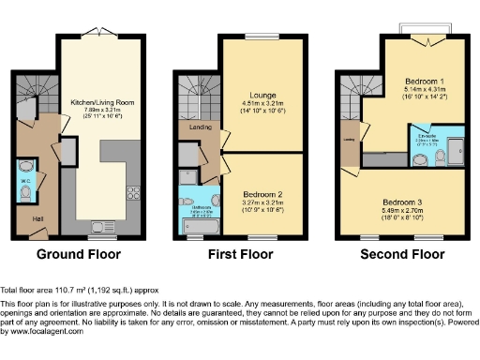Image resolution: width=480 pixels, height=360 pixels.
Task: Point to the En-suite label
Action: [427, 136]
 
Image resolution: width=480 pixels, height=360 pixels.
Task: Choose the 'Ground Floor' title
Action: [79, 254]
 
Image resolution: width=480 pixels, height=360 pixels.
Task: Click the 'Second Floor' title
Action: [404, 254]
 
